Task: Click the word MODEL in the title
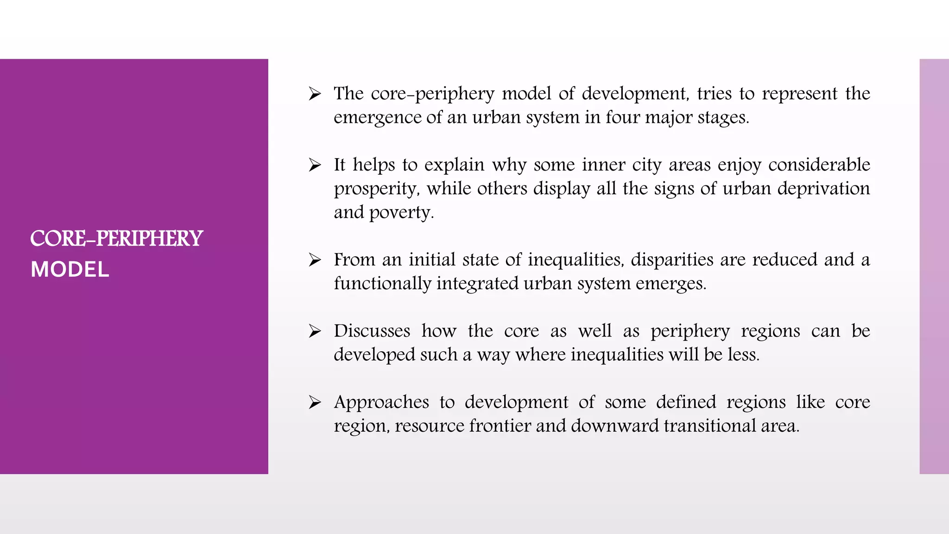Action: tap(70, 269)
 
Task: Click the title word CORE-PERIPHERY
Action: tap(116, 239)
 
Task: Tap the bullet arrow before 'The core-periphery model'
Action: tap(315, 94)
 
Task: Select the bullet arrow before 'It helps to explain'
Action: tap(315, 165)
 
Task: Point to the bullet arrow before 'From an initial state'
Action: tap(315, 260)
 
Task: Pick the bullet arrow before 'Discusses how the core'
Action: tap(315, 331)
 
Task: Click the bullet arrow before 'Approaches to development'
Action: tap(315, 402)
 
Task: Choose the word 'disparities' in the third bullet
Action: tap(672, 260)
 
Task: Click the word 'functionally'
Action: tap(382, 283)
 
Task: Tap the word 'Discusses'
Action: tap(372, 331)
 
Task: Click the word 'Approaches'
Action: tap(381, 402)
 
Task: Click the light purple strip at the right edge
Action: tap(934, 266)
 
